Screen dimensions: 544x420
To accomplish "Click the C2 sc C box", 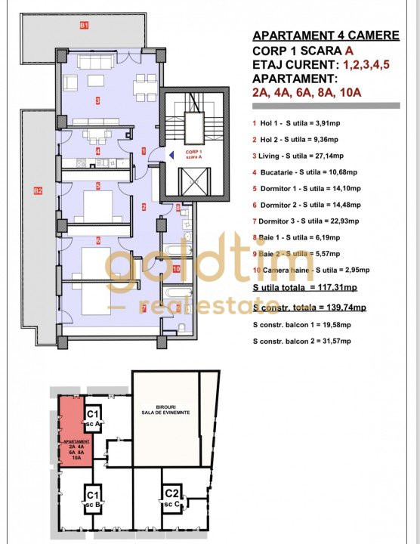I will pyautogui.click(x=172, y=497).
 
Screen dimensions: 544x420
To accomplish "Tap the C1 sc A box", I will pyautogui.click(x=93, y=417).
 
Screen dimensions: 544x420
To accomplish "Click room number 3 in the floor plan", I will pyautogui.click(x=97, y=100).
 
